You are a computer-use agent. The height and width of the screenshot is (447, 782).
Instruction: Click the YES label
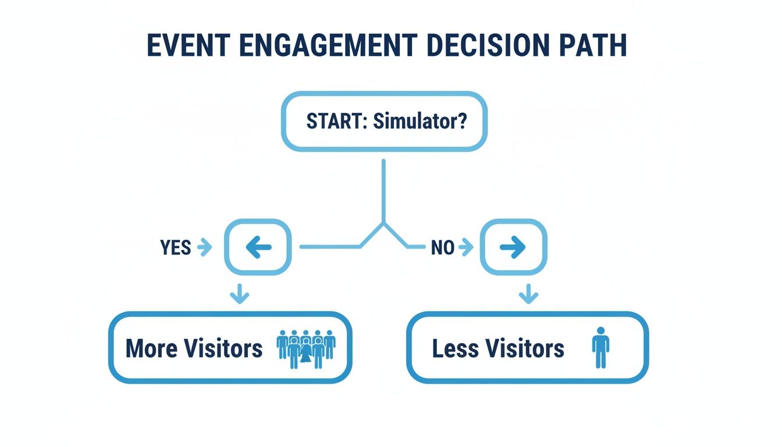[x=175, y=248]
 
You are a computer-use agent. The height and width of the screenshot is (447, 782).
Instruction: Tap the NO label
[x=442, y=248]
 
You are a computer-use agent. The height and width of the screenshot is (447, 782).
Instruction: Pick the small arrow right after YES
[x=204, y=248]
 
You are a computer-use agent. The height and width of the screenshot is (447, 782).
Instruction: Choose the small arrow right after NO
[x=465, y=248]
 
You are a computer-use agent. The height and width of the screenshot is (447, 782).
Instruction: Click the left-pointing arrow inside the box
[x=258, y=248]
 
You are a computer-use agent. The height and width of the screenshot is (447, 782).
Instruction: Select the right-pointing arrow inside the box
[x=513, y=248]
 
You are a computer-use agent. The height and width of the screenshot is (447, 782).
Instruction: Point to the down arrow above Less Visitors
[x=528, y=295]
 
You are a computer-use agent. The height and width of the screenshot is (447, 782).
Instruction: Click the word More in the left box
[x=151, y=349]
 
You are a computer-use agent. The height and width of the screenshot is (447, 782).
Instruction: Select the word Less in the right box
[x=454, y=349]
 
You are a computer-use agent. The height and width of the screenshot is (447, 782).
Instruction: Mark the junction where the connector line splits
[x=383, y=223]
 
